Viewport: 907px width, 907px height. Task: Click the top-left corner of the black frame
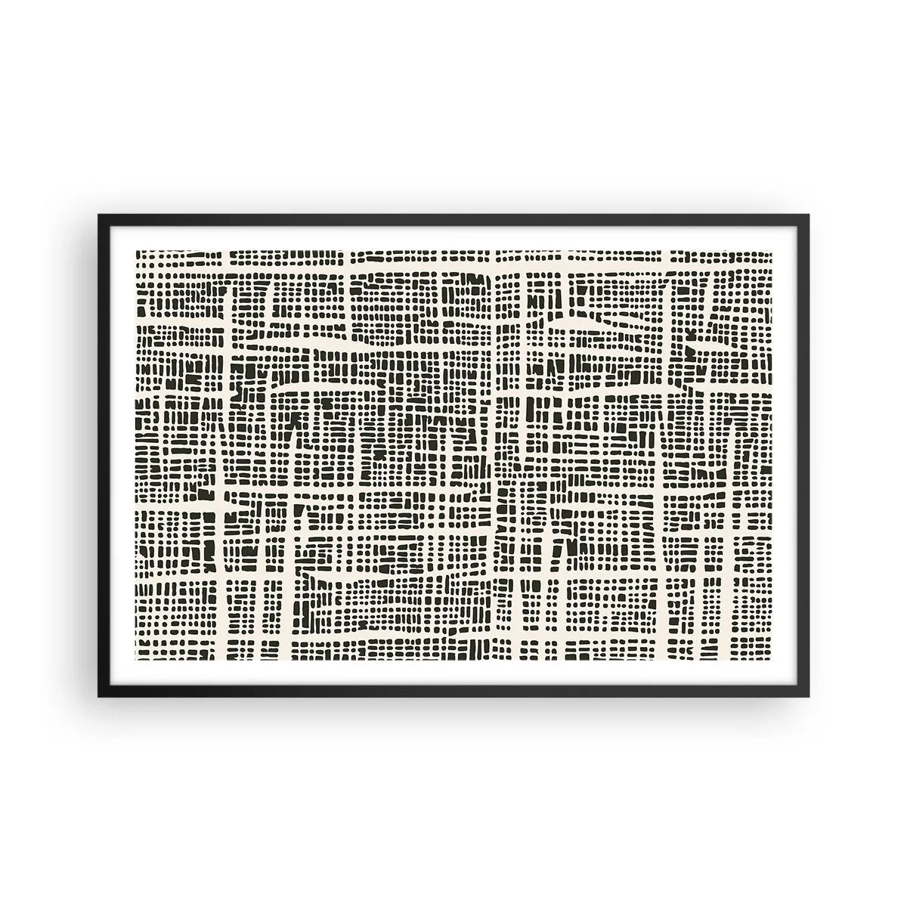coord(99,215)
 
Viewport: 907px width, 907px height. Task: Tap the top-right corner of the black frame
coord(808,215)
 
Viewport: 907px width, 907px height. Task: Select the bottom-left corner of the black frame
coord(99,695)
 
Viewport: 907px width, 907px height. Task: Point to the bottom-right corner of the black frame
coord(808,695)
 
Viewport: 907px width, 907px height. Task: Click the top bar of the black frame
coord(453,218)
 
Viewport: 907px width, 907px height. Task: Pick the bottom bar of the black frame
coord(453,692)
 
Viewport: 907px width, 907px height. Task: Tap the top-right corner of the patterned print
coord(772,249)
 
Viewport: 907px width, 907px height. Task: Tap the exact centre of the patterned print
coord(454,455)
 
